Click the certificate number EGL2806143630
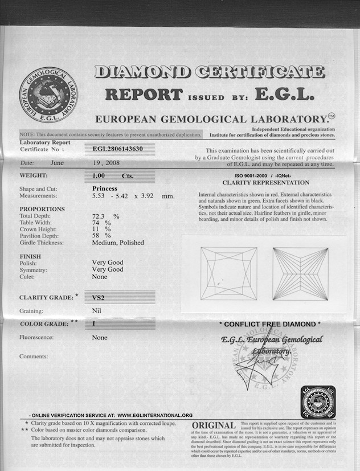[118, 149]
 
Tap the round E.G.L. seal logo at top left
[48, 95]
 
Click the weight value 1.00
[100, 176]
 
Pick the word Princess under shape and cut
[104, 188]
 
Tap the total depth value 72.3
[100, 216]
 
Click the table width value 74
[97, 223]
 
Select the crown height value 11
[96, 229]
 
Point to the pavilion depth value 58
[97, 236]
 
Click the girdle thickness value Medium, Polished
[118, 243]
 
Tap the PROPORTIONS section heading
[42, 209]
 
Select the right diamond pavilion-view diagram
[300, 273]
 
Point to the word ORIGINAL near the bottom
[214, 427]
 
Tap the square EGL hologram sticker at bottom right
[317, 403]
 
